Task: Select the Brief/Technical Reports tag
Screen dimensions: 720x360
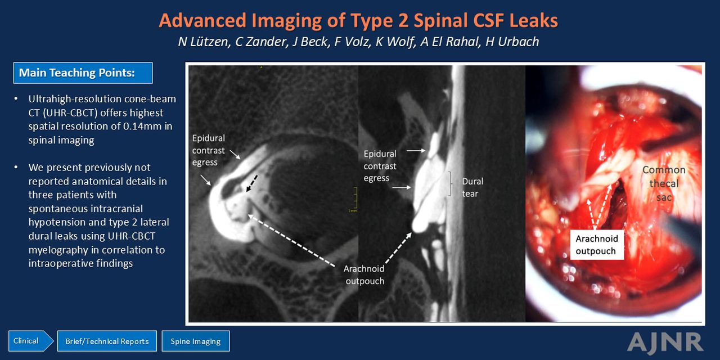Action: click(107, 341)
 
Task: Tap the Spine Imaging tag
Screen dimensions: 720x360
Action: click(195, 341)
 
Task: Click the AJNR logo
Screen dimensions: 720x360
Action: click(665, 342)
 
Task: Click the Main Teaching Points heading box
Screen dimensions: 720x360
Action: click(83, 73)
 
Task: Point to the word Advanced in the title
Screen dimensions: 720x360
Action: click(203, 21)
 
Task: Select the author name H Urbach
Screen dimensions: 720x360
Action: click(512, 42)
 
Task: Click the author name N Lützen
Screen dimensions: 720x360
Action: click(204, 42)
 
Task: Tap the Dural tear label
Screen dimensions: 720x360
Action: click(472, 187)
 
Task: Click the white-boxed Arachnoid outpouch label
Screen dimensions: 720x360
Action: click(597, 245)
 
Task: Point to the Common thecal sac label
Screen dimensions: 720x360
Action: click(664, 183)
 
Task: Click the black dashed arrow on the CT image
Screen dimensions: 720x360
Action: click(252, 183)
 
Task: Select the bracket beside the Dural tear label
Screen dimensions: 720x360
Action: click(451, 184)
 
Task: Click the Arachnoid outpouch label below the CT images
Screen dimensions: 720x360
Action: click(364, 275)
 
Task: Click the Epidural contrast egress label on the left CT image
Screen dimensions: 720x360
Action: click(208, 150)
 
